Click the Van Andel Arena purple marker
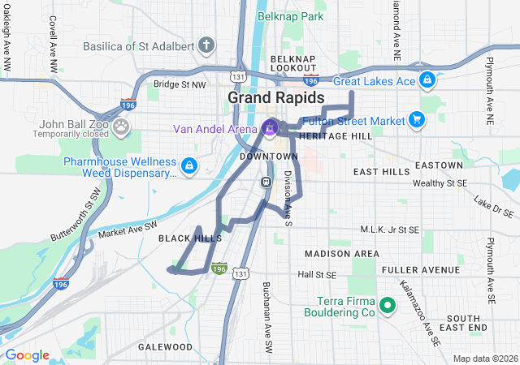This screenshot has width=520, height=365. click(x=270, y=127)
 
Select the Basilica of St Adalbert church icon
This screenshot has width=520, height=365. click(x=207, y=44)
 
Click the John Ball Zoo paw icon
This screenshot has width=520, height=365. click(x=121, y=126)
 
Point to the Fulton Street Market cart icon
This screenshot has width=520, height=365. click(x=417, y=120)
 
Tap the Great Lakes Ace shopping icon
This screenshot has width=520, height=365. click(x=427, y=80)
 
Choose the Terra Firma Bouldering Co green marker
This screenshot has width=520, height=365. click(x=388, y=307)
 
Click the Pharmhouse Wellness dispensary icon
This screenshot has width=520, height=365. click(x=188, y=166)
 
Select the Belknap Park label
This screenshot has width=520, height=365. click(x=290, y=16)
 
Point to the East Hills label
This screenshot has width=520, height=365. click(x=382, y=172)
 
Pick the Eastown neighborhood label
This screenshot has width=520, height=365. click(x=438, y=165)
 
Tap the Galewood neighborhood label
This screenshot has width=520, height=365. click(x=166, y=347)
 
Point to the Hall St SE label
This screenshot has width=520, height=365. click(x=316, y=275)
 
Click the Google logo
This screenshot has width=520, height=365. click(x=27, y=355)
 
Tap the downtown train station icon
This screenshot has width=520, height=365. click(x=266, y=181)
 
